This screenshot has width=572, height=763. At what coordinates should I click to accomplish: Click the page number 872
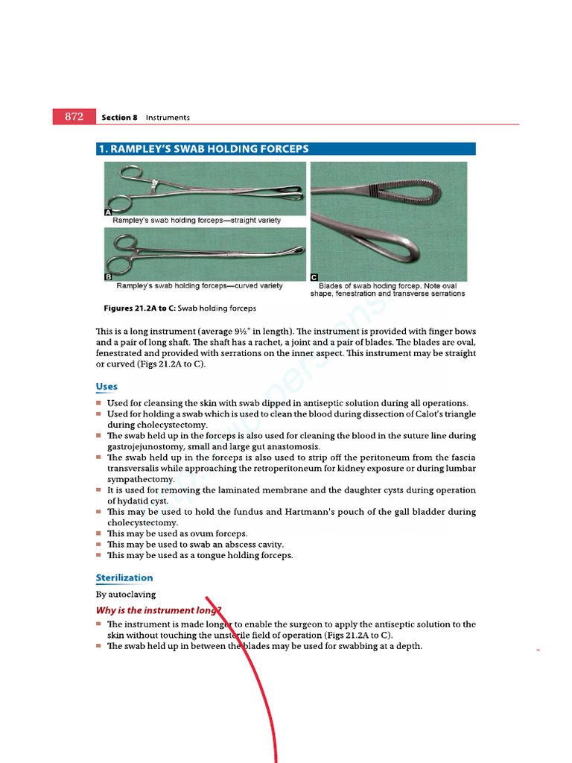[74, 117]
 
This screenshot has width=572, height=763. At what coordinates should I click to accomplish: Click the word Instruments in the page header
[168, 118]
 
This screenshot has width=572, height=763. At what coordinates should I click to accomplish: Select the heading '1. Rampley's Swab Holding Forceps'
[203, 149]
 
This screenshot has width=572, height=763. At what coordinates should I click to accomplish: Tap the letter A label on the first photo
[107, 212]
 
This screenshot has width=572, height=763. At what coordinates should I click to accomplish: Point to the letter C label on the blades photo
[314, 277]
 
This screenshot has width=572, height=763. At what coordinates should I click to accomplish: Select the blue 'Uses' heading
[107, 387]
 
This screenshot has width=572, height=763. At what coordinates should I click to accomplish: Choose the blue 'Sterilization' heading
[124, 577]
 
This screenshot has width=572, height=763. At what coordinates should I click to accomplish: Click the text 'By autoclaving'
[126, 595]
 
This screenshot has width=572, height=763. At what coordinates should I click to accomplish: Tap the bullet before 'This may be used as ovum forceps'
[98, 534]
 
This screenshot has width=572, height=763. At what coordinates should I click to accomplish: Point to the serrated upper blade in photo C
[372, 192]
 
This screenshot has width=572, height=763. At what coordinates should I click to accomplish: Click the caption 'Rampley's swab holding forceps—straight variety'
[197, 221]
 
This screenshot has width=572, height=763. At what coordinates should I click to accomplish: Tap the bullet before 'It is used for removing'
[98, 490]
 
